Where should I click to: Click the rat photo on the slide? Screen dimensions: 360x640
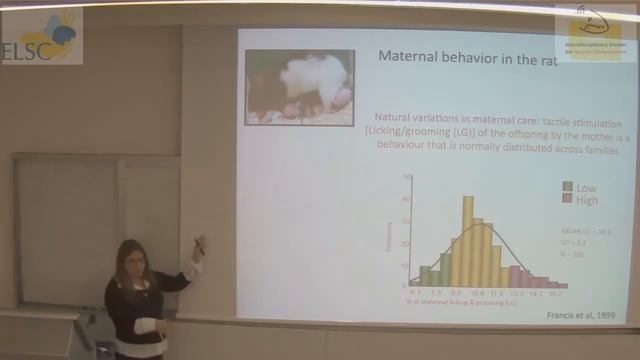(x=299, y=87)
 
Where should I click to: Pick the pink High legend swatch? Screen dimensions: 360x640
(x=567, y=200)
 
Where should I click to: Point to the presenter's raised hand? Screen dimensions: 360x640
(x=199, y=245)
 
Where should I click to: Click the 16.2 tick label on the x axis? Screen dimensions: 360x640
(x=563, y=293)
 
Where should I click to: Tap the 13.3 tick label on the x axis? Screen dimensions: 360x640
(x=516, y=293)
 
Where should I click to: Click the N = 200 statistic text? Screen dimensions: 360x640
(x=569, y=254)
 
